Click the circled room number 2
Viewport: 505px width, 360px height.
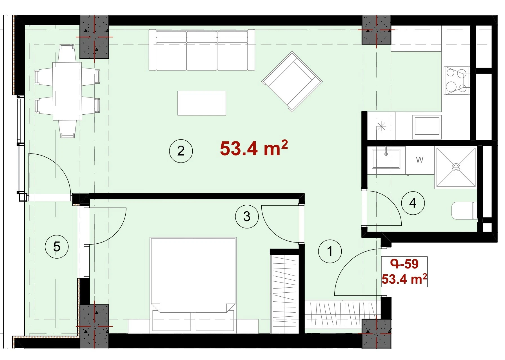coord(181,151)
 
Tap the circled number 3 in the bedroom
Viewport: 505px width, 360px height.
coord(247,216)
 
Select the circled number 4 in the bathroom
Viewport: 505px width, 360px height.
coord(413,203)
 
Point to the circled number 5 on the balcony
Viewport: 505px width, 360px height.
coord(57,247)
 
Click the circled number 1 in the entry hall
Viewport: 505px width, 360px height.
coord(330,251)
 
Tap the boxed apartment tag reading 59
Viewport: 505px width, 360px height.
coord(404,272)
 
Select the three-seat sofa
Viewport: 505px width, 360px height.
coord(202,50)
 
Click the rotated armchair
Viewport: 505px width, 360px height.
coord(292,81)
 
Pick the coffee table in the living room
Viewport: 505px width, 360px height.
coord(202,103)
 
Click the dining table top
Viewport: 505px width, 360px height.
coord(67,91)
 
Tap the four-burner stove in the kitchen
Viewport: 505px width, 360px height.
coord(456,81)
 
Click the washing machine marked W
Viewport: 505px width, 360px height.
coord(420,160)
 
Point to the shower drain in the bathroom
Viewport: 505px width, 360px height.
coord(456,167)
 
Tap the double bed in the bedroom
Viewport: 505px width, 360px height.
coord(193,284)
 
